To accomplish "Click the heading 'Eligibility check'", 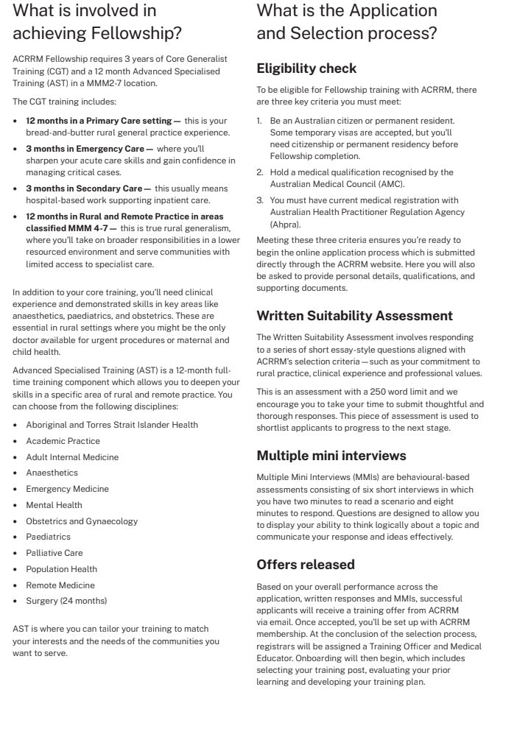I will tap(306, 68).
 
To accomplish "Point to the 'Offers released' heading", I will tap(306, 565).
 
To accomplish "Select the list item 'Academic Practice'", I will tap(63, 441).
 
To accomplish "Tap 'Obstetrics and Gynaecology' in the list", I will tap(82, 521).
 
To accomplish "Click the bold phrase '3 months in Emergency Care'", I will tap(85, 149).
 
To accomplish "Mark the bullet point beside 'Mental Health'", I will tap(15, 505).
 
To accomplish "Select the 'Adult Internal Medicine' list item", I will tap(72, 457).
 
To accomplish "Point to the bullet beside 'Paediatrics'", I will tap(15, 537).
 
